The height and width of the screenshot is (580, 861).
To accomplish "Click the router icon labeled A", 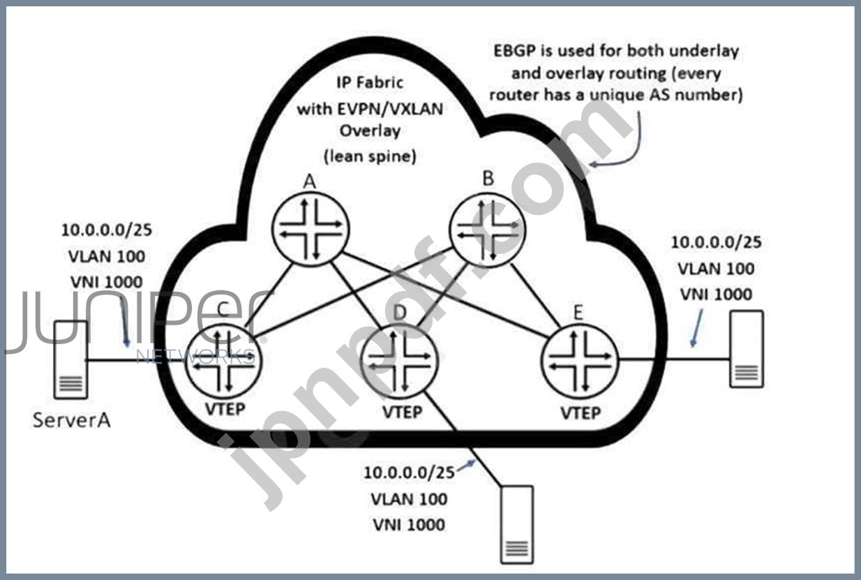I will click(310, 226).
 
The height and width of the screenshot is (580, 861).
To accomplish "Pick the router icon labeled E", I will click(581, 361).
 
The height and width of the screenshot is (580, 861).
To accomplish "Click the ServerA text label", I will click(71, 421).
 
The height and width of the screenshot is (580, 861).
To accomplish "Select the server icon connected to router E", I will click(747, 349).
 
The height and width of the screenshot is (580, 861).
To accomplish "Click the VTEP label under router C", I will click(225, 408).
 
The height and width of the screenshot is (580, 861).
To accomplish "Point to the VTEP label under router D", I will click(403, 412).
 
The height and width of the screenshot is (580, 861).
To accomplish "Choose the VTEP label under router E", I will click(581, 413).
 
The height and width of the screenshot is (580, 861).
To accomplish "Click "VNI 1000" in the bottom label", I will click(409, 524).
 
